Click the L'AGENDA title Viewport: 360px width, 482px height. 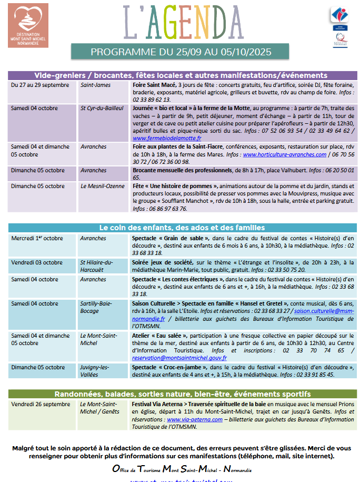pyautogui.click(x=181, y=23)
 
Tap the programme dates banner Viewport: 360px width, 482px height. pyautogui.click(x=181, y=52)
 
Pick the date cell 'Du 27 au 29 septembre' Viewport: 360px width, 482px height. pyautogui.click(x=40, y=85)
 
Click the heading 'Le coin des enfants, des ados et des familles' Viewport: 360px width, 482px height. pyautogui.click(x=182, y=228)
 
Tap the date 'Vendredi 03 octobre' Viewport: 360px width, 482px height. pyautogui.click(x=37, y=262)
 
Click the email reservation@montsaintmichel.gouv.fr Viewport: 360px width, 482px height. pyautogui.click(x=179, y=358)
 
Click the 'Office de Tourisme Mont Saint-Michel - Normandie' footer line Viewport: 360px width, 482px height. pyautogui.click(x=182, y=469)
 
